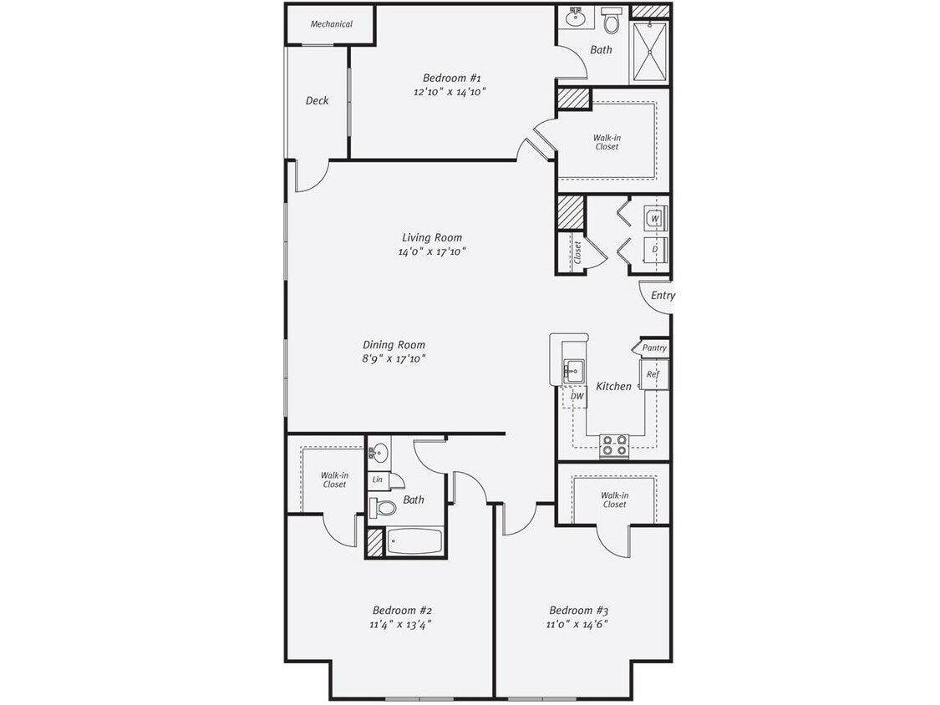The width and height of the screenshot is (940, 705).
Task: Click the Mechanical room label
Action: [331, 24]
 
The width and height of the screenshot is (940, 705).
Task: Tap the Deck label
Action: [317, 100]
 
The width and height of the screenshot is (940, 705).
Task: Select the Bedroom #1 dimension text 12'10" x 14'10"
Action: [450, 92]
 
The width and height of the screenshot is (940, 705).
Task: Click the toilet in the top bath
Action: [612, 21]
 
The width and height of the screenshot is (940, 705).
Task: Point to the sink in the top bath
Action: [576, 17]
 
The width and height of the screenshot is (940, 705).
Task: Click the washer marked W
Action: [655, 219]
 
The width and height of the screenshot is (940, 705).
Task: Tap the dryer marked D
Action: [655, 249]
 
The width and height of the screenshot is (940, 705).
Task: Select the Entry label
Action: [663, 296]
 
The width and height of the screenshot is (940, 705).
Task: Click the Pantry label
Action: [654, 347]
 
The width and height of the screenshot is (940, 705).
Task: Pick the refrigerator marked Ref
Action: [653, 374]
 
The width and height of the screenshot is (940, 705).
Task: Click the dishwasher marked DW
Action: [577, 396]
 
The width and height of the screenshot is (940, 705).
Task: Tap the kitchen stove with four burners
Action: [614, 445]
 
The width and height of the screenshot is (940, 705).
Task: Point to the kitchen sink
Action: [574, 370]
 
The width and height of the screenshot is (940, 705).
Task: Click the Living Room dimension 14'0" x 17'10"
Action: [431, 251]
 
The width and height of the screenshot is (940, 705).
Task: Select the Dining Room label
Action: [394, 344]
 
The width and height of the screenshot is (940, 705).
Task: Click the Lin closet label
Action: [378, 479]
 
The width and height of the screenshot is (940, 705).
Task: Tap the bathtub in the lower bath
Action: [414, 541]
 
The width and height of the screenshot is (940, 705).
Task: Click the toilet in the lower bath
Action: [384, 507]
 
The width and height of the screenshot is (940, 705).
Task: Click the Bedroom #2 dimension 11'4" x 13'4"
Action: [401, 624]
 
